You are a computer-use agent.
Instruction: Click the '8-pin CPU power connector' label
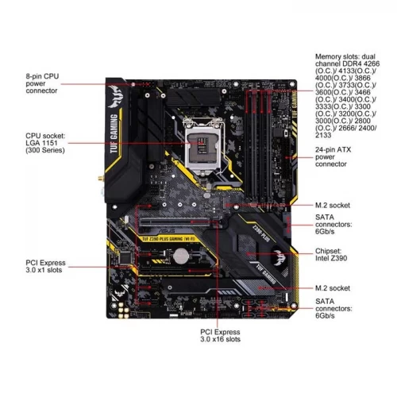[42, 83]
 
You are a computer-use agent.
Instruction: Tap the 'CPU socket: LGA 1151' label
[45, 139]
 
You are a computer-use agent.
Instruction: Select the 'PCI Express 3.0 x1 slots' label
[45, 266]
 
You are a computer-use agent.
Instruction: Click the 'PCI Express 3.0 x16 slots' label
[220, 336]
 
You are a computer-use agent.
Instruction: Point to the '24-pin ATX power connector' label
[333, 156]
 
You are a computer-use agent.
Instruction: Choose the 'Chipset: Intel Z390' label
[331, 254]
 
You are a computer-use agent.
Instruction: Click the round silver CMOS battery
[180, 256]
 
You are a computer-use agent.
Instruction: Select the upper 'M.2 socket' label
[333, 205]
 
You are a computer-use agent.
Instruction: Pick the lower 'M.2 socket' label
[333, 288]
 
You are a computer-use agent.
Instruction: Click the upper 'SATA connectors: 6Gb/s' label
[333, 224]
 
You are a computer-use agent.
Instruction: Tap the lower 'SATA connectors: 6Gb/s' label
[333, 308]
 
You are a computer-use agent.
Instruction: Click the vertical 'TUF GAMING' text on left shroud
[114, 133]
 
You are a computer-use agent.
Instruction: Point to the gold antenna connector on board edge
[101, 179]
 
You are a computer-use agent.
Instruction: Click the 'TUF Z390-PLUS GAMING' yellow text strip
[168, 239]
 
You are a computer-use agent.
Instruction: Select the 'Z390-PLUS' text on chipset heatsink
[261, 233]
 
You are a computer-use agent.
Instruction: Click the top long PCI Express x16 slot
[175, 222]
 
